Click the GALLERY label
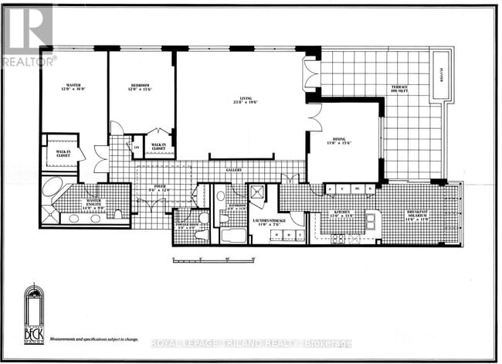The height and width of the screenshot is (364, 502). coord(234,170)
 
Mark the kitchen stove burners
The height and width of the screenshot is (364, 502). coord(338,239)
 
